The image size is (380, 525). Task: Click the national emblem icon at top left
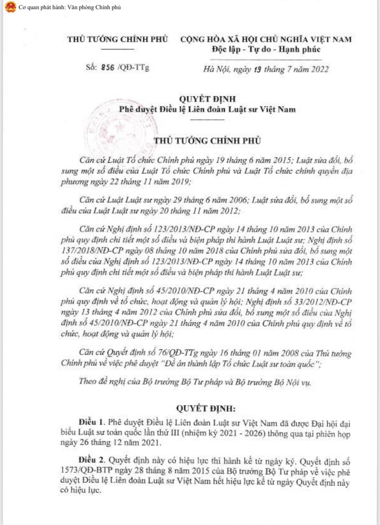pyautogui.click(x=10, y=7)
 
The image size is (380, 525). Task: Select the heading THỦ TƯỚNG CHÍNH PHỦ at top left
pyautogui.click(x=118, y=39)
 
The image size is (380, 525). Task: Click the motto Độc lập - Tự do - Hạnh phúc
pyautogui.click(x=266, y=49)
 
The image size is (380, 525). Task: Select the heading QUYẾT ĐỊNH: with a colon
pyautogui.click(x=206, y=408)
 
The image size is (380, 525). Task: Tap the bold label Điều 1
pyautogui.click(x=92, y=422)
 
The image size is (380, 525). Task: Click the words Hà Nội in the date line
pyautogui.click(x=216, y=69)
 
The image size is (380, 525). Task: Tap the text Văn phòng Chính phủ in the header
pyautogui.click(x=94, y=7)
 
